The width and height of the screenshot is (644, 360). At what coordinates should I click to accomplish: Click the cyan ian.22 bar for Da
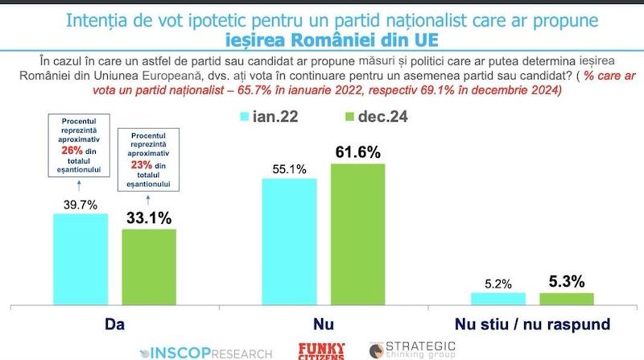click(x=80, y=259)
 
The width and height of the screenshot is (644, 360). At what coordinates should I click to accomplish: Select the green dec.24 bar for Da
click(x=149, y=267)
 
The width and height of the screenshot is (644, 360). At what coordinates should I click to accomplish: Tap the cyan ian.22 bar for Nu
click(x=289, y=242)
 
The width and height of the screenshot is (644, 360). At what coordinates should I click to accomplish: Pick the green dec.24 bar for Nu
click(x=357, y=234)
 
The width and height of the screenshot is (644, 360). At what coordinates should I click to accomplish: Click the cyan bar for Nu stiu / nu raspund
click(x=497, y=299)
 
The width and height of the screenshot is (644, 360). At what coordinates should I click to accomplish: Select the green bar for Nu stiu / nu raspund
click(x=566, y=299)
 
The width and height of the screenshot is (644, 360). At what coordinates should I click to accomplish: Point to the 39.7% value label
click(x=80, y=205)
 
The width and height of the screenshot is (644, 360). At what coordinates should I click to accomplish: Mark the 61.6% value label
click(x=358, y=152)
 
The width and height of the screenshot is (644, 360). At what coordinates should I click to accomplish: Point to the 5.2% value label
click(x=497, y=283)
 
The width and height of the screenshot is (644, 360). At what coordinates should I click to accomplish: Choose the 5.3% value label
click(x=567, y=281)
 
